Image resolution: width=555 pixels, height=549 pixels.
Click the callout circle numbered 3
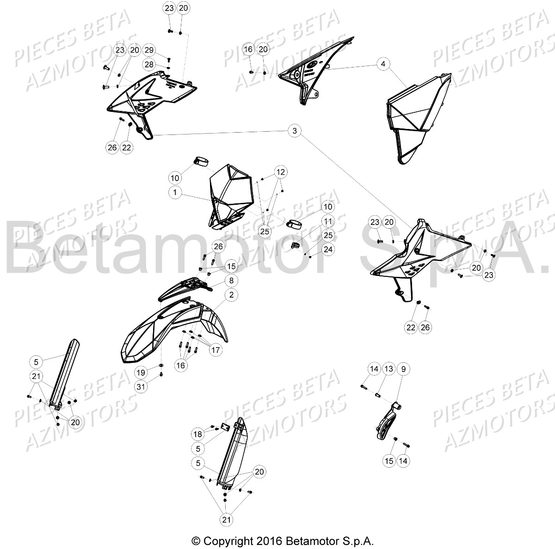click(294, 131)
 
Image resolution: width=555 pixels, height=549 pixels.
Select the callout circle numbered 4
click(383, 64)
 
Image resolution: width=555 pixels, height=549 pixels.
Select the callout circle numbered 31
click(141, 386)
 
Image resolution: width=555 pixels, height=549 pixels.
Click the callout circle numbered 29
click(149, 50)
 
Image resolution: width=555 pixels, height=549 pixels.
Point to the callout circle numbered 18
click(198, 434)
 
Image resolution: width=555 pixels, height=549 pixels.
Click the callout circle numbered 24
click(328, 250)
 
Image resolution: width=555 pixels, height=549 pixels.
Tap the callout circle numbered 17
click(216, 350)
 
